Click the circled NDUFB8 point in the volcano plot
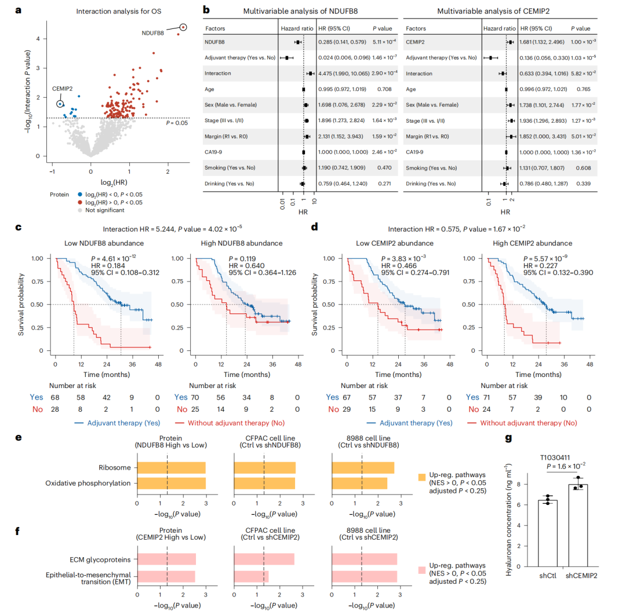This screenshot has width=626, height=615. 183,27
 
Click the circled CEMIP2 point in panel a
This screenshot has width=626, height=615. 60,104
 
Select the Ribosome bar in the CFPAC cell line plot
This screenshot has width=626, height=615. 264,468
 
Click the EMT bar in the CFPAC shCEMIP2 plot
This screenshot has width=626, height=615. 251,577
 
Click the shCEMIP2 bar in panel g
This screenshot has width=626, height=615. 578,525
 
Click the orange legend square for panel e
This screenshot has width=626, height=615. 421,477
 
